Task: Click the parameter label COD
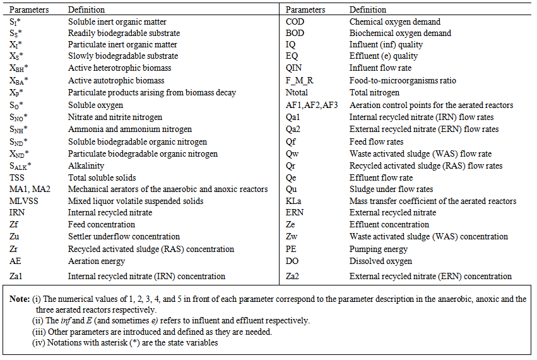(x=295, y=21)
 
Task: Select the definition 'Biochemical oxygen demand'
(x=400, y=33)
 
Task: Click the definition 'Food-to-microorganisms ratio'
(x=403, y=81)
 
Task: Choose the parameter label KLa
(x=294, y=201)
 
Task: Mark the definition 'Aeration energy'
(x=97, y=261)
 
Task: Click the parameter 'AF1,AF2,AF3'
(x=312, y=105)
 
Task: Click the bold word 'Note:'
(x=23, y=299)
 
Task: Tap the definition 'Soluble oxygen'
(x=95, y=105)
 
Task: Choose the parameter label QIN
(x=295, y=69)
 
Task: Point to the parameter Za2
(x=293, y=276)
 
